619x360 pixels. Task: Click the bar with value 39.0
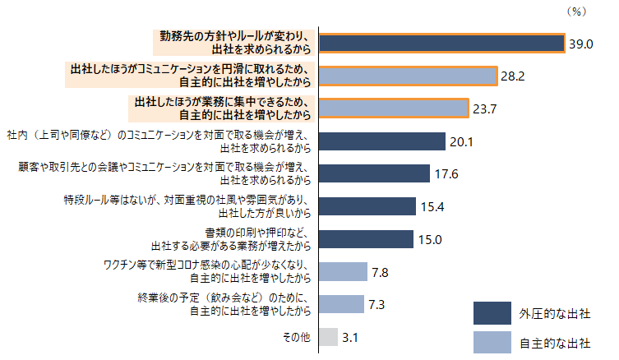coord(442,43)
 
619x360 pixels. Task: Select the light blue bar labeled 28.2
coord(409,76)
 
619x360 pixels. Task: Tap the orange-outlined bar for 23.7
coord(394,108)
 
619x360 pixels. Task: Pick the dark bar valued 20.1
coord(382,141)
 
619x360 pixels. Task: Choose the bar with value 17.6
coord(374,173)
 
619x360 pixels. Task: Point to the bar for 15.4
coord(367,206)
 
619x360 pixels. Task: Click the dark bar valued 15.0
coord(366,239)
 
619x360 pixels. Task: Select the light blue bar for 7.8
coord(343,271)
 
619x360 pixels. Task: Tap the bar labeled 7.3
coord(341,304)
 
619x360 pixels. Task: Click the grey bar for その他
coord(329,337)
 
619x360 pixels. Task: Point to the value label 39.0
coord(580,44)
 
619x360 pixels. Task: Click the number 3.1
coord(349,338)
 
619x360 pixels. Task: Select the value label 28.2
coord(513,76)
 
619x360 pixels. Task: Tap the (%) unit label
coord(577,12)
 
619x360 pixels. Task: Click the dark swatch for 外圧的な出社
coord(492,313)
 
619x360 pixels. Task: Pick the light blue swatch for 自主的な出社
coord(492,342)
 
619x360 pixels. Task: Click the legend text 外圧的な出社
coord(555,314)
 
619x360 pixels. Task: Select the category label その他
coord(297,337)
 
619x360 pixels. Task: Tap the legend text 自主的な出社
coord(555,343)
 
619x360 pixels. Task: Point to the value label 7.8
coord(380,272)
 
